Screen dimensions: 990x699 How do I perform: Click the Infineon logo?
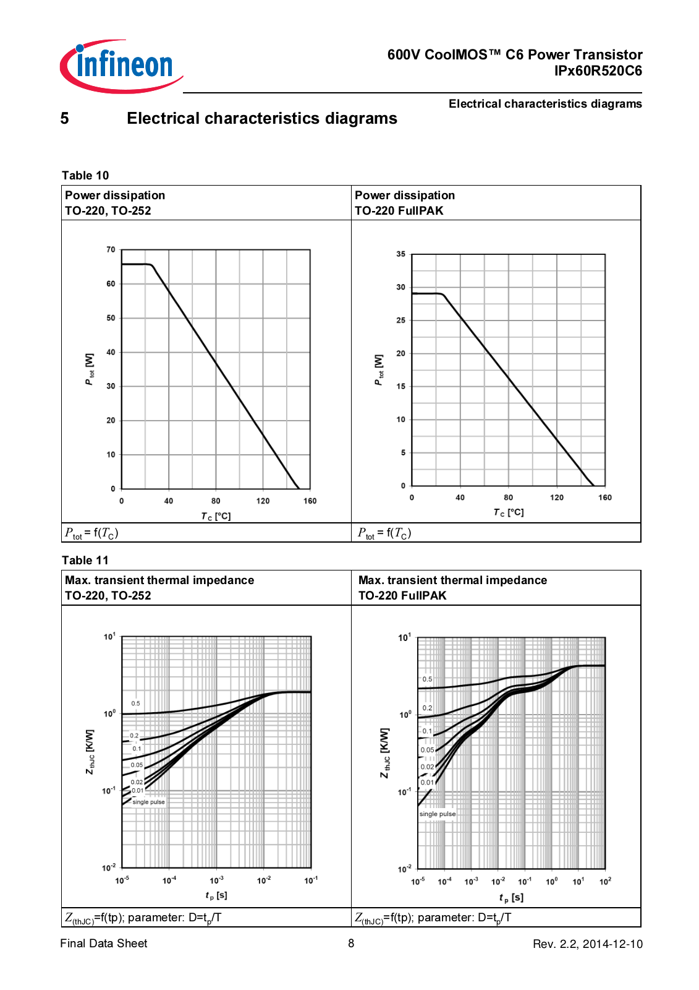click(x=122, y=66)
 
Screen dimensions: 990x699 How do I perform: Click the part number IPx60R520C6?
click(x=598, y=71)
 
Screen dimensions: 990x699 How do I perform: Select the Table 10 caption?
click(x=85, y=176)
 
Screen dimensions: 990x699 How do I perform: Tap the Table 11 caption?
click(x=85, y=561)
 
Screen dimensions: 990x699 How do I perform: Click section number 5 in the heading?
click(x=65, y=119)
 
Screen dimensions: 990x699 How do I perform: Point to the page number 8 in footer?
click(x=351, y=944)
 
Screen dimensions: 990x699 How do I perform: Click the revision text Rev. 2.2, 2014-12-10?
click(x=587, y=944)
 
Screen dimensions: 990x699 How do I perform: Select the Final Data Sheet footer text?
click(x=104, y=944)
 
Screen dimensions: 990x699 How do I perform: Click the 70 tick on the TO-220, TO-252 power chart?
click(x=111, y=250)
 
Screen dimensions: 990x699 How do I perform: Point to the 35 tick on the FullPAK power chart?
click(x=401, y=254)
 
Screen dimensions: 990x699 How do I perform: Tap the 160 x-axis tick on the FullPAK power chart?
click(x=604, y=497)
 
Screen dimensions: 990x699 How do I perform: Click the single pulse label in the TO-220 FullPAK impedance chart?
click(x=438, y=814)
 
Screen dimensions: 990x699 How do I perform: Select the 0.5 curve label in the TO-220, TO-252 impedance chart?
click(x=135, y=704)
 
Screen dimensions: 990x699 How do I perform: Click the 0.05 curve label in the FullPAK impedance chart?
click(x=428, y=750)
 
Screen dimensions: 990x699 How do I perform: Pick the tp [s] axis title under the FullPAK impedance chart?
click(x=511, y=897)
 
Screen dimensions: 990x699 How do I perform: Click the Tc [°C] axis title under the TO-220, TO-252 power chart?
click(x=216, y=517)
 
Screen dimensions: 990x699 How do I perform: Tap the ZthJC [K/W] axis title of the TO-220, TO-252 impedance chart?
click(x=90, y=752)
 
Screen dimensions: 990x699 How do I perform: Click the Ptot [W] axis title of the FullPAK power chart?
click(x=379, y=370)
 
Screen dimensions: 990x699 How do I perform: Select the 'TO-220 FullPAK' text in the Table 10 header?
click(x=399, y=211)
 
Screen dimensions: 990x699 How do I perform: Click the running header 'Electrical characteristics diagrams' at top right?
click(x=545, y=104)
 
